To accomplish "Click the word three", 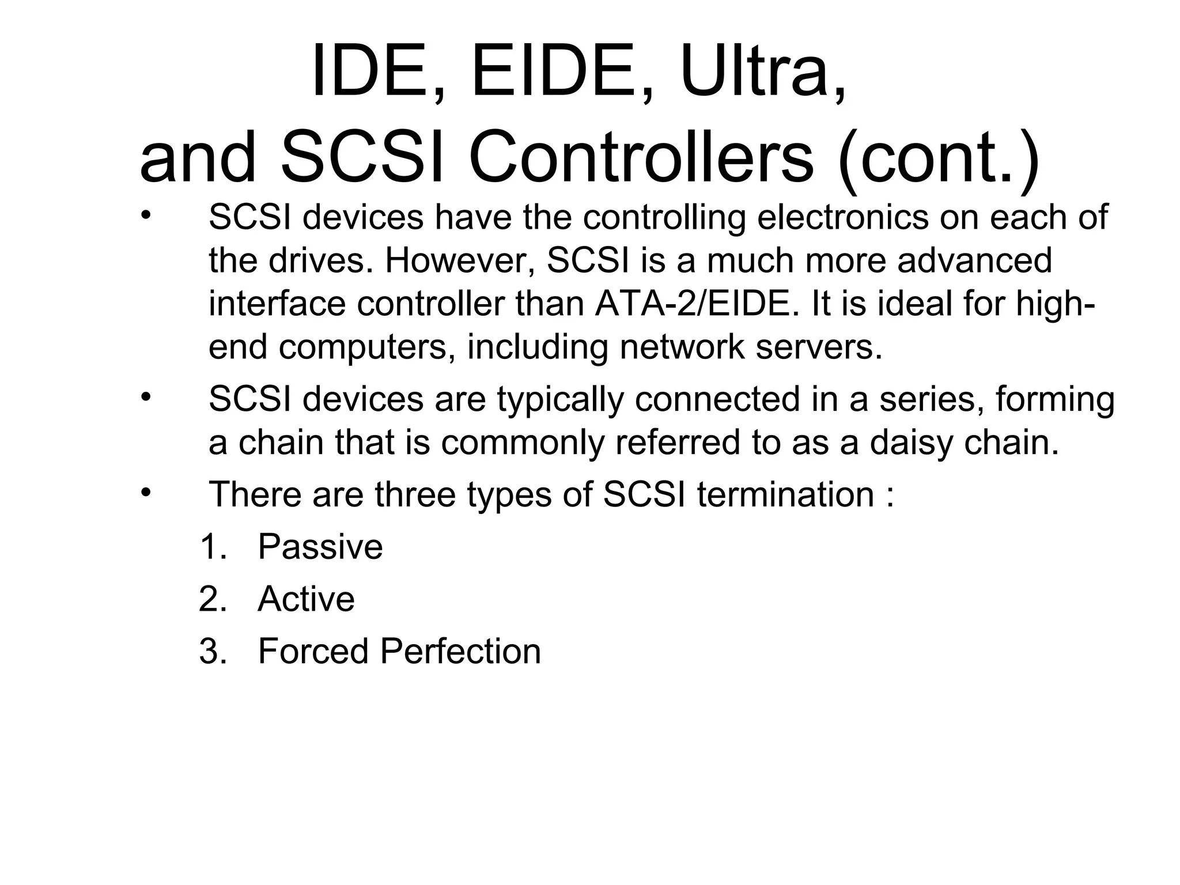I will point(414,495).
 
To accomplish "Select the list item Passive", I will point(320,547).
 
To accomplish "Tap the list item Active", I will point(306,599).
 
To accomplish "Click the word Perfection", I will point(460,652).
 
